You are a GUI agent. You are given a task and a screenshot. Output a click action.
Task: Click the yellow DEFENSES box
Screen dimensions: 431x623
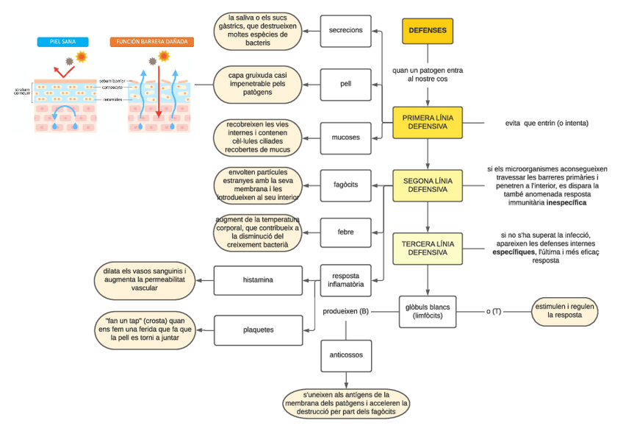[x=428, y=31]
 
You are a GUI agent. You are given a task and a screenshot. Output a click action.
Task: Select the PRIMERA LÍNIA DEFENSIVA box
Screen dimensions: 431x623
[x=428, y=122]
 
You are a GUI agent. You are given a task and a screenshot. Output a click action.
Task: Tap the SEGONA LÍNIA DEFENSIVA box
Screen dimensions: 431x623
[x=428, y=185]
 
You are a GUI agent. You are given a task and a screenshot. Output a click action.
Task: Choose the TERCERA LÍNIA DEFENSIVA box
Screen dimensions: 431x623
[x=428, y=248]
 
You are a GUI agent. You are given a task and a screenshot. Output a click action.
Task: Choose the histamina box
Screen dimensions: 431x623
[x=258, y=280]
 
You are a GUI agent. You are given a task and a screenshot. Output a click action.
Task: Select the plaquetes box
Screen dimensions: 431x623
[x=258, y=330]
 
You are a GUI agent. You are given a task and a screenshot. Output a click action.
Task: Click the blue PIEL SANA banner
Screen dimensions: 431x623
[x=62, y=42]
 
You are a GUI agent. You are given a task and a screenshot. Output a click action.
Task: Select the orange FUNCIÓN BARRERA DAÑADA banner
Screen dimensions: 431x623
[x=152, y=42]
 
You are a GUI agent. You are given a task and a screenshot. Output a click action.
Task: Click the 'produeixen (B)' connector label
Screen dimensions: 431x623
[x=346, y=311]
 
